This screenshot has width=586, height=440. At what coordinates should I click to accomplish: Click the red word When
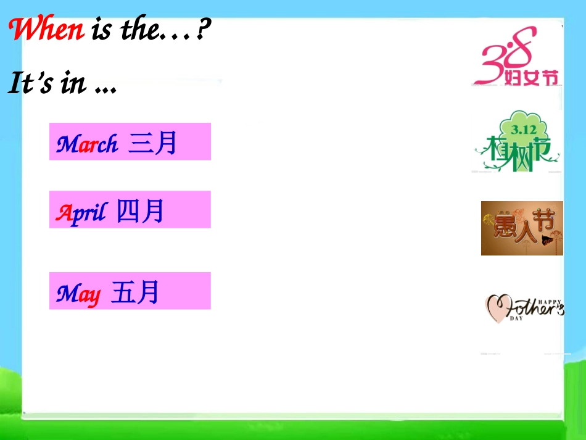click(47, 30)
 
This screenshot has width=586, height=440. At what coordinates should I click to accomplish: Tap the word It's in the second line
click(30, 83)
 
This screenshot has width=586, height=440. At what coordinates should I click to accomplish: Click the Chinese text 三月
click(153, 143)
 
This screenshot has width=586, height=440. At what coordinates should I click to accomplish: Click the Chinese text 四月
click(141, 212)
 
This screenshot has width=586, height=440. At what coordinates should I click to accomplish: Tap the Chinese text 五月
click(136, 292)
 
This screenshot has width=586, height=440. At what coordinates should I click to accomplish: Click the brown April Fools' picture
click(522, 228)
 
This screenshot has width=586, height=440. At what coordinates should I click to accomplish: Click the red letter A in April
click(62, 213)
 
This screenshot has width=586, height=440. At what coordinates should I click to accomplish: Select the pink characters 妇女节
click(531, 78)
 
